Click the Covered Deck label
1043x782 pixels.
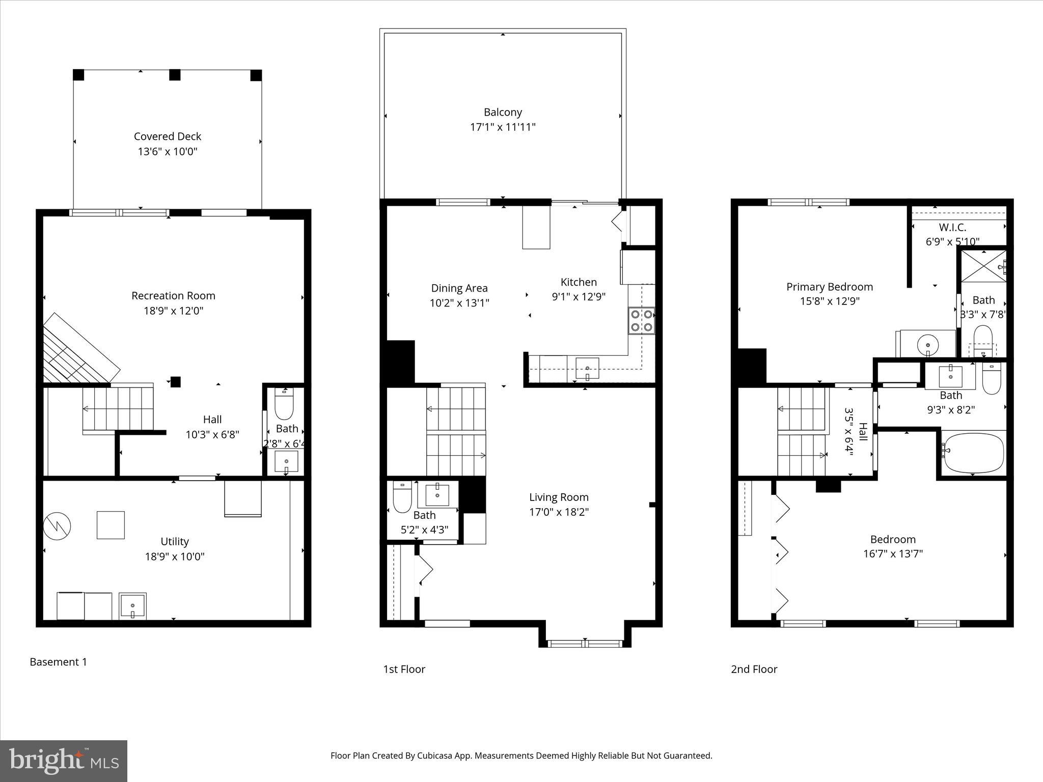coord(168,136)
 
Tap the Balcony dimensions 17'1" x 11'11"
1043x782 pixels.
coord(503,127)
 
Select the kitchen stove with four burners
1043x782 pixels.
coord(641,321)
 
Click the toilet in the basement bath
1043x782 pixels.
coord(284,404)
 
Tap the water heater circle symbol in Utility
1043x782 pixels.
coord(57,527)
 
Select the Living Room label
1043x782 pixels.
coord(559,497)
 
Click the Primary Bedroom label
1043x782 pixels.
coord(830,287)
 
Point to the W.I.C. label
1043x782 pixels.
coord(952,228)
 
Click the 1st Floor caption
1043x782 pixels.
coord(404,669)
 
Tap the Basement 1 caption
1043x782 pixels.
coord(58,662)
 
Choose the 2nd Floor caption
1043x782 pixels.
coord(754,669)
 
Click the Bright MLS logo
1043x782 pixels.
coord(64,761)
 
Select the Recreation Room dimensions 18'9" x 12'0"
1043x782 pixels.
coord(173,311)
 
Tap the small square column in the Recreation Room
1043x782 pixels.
coord(175,382)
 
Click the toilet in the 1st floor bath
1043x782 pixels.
coord(402,498)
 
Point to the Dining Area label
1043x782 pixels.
coord(459,288)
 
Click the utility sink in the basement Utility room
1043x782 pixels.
coord(132,606)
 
